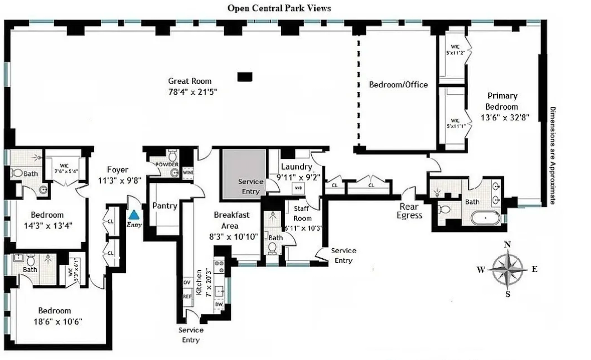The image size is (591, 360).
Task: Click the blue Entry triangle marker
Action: [134, 215]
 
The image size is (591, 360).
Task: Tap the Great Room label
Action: [189, 81]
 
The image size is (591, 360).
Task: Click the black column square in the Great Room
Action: [244, 76]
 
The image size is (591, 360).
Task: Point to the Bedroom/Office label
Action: [399, 85]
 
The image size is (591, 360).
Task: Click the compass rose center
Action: [507, 269]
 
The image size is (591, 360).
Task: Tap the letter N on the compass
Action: [507, 245]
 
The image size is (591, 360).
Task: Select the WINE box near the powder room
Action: [188, 172]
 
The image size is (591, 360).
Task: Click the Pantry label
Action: [165, 206]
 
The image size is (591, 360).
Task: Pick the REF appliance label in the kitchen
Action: [187, 296]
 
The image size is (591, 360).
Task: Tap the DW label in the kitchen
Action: [219, 304]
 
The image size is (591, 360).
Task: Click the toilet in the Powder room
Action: [172, 154]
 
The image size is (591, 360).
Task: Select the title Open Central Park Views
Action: [279, 8]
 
